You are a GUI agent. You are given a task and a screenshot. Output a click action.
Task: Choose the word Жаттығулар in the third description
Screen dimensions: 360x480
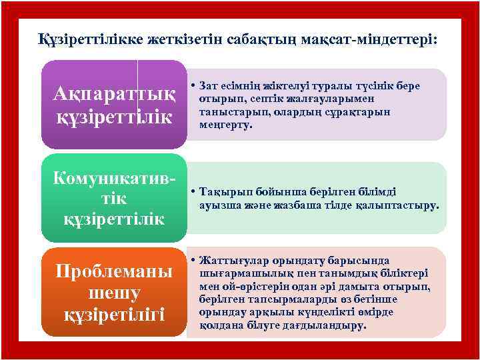coord(227,261)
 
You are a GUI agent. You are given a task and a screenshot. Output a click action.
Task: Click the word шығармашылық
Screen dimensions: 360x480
coord(237,273)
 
